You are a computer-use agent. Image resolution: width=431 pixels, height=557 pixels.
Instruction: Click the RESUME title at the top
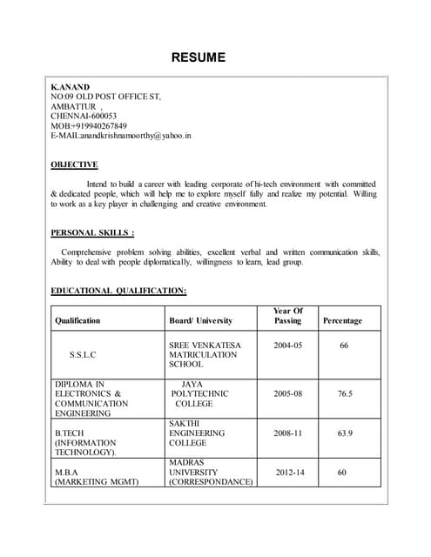[198, 58]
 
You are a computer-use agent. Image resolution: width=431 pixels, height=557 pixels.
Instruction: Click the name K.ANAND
[70, 88]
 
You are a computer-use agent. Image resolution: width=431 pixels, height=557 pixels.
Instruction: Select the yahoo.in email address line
[121, 137]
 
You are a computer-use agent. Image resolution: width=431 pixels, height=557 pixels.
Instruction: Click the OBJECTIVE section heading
[74, 164]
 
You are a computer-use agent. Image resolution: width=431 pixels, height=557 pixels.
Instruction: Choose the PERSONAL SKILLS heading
[92, 232]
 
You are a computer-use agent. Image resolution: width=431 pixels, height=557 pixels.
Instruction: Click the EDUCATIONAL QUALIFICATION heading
[118, 291]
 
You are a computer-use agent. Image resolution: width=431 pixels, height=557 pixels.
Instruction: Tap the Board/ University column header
[200, 320]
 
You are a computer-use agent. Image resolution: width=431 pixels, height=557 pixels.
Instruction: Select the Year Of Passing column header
[287, 315]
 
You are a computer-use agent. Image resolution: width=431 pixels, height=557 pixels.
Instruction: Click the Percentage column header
[342, 320]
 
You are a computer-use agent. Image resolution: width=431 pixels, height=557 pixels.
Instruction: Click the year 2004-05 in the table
[287, 346]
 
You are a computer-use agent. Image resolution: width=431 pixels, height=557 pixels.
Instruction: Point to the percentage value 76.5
[345, 393]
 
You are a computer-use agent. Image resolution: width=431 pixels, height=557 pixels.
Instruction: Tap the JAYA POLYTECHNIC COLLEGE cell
[200, 393]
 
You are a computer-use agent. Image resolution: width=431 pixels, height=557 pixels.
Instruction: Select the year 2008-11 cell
[287, 432]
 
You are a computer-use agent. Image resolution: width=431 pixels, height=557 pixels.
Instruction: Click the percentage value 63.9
[345, 432]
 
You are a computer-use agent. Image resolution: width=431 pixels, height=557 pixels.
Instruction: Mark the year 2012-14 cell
[291, 472]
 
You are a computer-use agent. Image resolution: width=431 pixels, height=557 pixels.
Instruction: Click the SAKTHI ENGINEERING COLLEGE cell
[197, 432]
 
